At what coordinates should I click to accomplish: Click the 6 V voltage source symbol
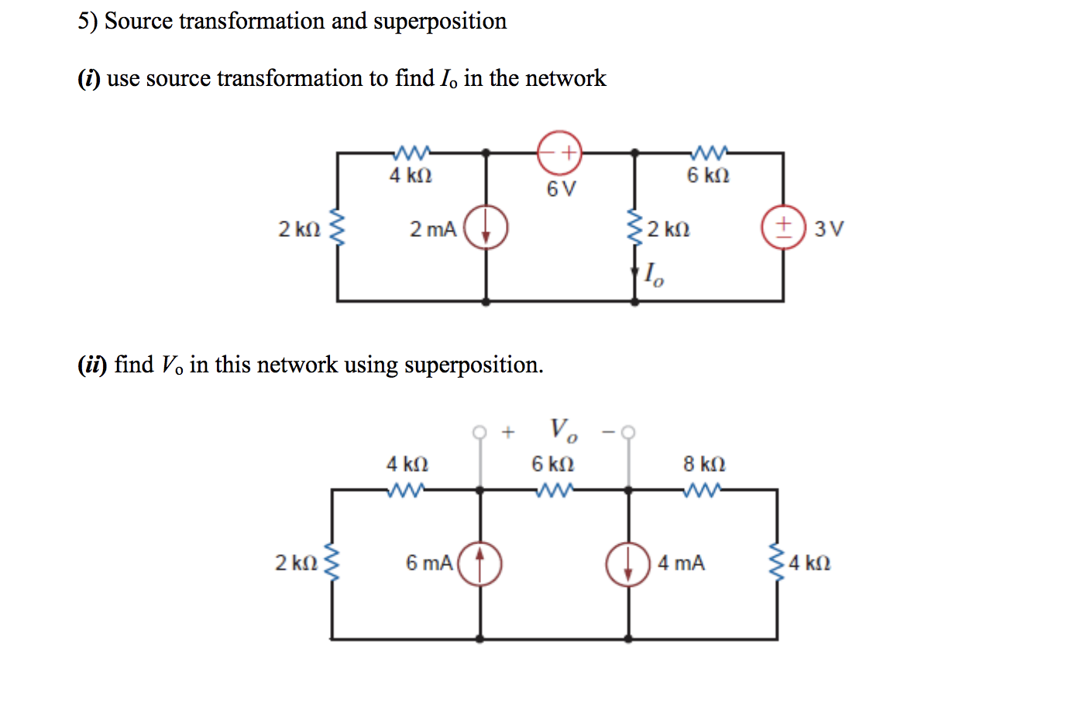click(x=559, y=153)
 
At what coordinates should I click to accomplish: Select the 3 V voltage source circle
click(x=783, y=228)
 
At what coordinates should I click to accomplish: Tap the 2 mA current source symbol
click(x=486, y=228)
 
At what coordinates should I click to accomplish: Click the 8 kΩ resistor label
click(x=704, y=464)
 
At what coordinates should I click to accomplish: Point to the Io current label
click(x=654, y=274)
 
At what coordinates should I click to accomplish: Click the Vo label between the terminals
click(x=563, y=430)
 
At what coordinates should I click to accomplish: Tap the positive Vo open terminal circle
click(x=480, y=431)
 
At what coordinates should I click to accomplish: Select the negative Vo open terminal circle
click(x=628, y=431)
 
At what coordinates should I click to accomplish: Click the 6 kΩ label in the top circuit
click(x=708, y=176)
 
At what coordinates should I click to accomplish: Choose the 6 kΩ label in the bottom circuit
click(x=552, y=464)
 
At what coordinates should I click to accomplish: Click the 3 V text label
click(x=829, y=228)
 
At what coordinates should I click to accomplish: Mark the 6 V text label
click(x=561, y=189)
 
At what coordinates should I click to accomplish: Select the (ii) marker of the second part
click(x=91, y=365)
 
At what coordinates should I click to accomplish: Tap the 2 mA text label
click(x=432, y=229)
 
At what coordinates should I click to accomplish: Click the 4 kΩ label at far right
click(x=809, y=563)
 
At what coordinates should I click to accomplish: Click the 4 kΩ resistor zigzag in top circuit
click(x=411, y=152)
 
